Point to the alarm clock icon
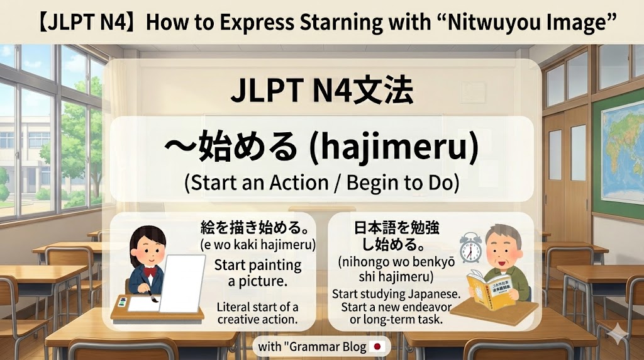coord(470,247)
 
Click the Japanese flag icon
coord(377,346)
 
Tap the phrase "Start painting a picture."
coord(257,273)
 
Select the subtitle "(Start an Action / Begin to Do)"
coord(321,183)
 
